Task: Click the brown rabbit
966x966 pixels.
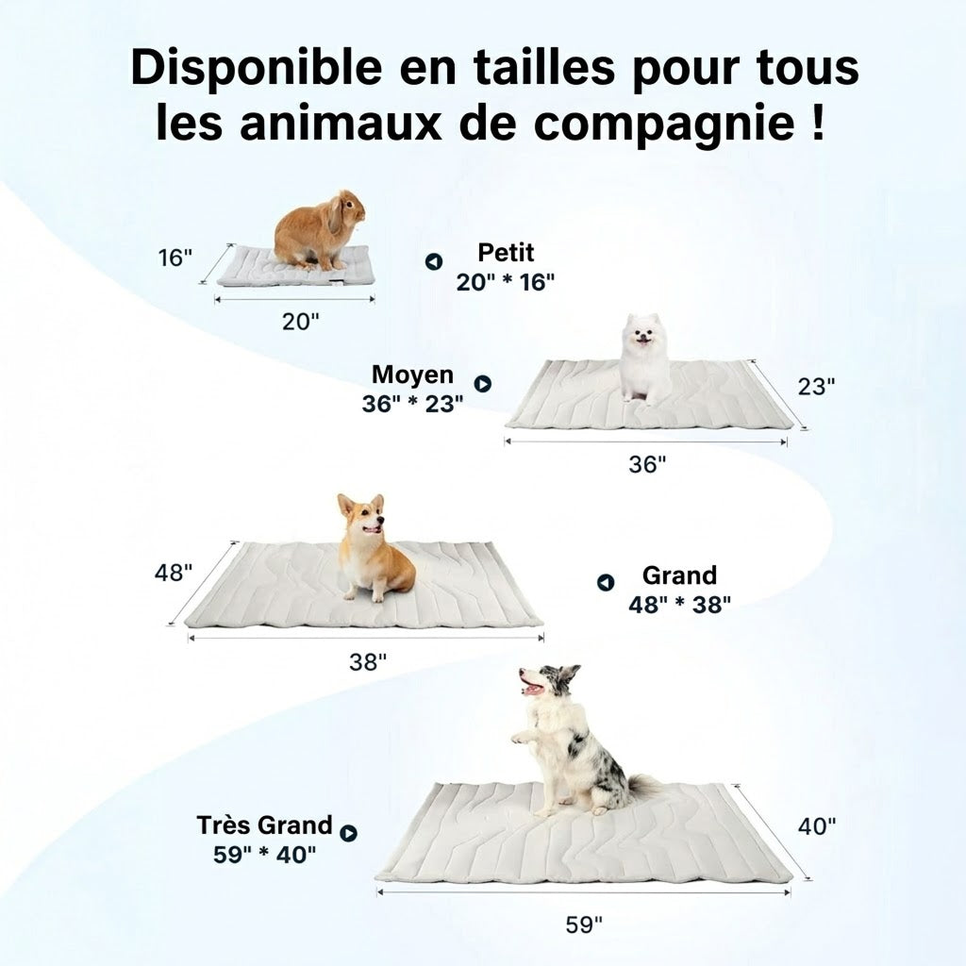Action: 317,231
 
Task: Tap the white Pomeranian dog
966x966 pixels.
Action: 644,359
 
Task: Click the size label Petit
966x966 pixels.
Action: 506,253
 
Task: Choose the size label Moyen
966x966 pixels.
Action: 413,374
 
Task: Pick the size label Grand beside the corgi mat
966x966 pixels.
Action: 679,575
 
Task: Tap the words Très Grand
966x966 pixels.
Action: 264,824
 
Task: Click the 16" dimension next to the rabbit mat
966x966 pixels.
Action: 175,258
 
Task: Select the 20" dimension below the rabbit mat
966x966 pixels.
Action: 301,321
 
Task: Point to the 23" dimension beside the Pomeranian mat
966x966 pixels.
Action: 816,386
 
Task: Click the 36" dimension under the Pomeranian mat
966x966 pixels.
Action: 647,464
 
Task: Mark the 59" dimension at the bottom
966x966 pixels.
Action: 584,924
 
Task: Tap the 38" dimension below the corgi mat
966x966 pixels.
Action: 368,661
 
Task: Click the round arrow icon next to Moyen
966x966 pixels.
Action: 482,384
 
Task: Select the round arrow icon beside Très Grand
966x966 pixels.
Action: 349,833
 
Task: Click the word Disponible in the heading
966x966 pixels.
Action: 257,68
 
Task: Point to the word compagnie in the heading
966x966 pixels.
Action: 664,124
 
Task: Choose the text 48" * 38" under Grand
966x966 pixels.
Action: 679,605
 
